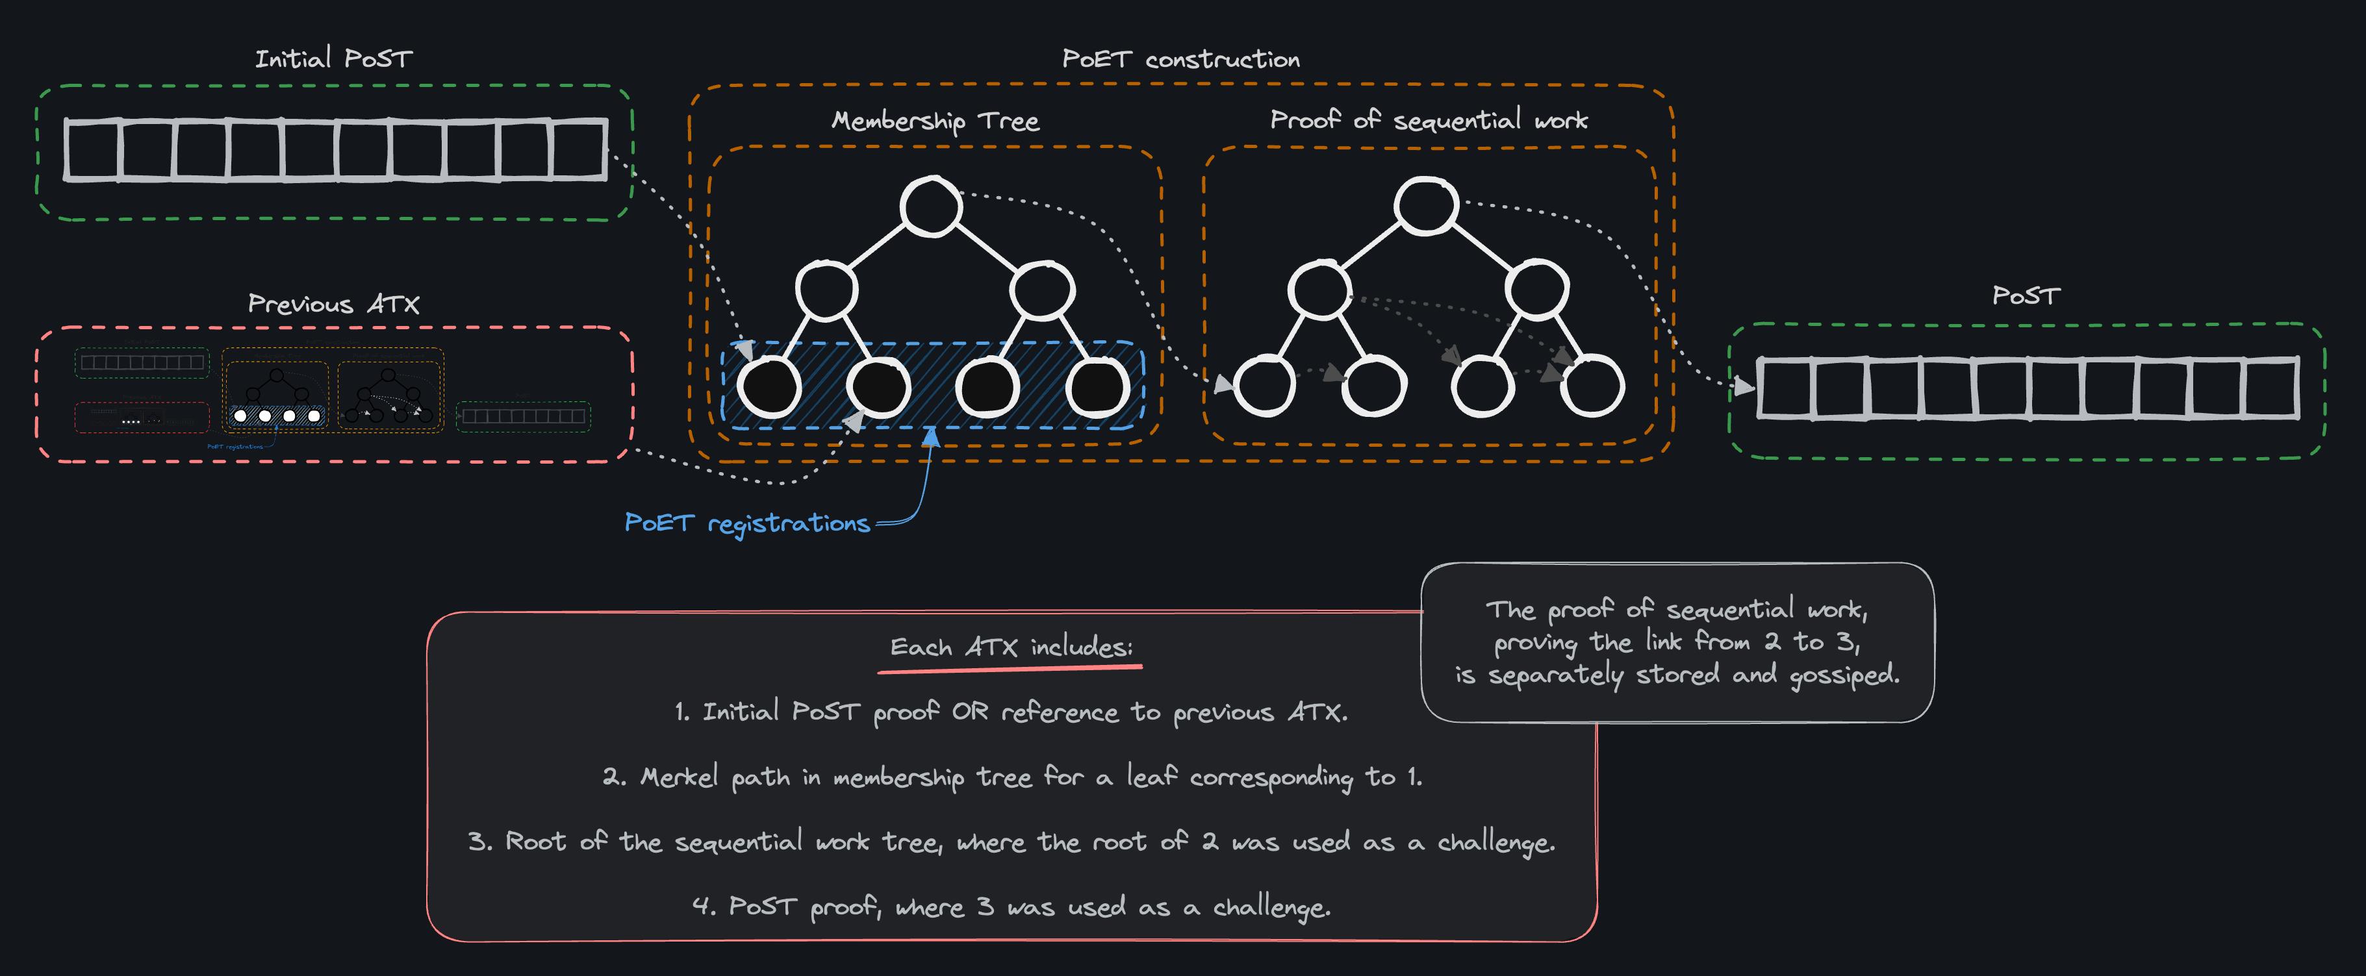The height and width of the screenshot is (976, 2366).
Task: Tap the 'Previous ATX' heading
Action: (333, 305)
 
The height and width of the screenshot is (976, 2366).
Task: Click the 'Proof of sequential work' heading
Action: (1428, 120)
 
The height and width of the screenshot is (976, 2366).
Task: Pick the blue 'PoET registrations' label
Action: (746, 523)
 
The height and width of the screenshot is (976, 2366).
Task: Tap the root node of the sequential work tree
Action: (1425, 206)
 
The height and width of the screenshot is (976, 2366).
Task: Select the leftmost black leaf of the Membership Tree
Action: (770, 386)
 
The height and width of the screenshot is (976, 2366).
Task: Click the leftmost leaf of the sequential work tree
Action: (1265, 386)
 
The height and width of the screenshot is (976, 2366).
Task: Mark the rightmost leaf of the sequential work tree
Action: (1592, 386)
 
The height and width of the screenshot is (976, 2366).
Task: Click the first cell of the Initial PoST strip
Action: (92, 149)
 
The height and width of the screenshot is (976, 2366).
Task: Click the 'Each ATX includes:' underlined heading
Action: (1010, 648)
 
